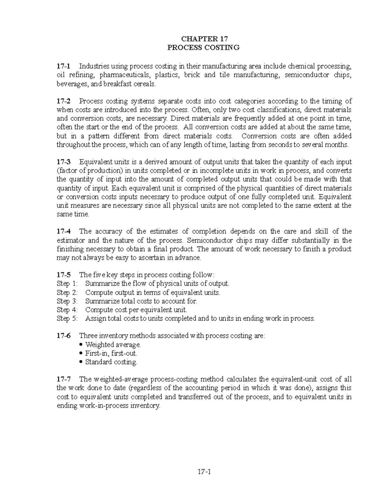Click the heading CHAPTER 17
[x=204, y=39]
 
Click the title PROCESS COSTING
[x=204, y=48]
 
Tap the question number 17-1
[x=63, y=66]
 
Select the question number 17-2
[x=63, y=101]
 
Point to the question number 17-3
[x=63, y=162]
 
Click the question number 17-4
[x=63, y=231]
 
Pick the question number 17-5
[x=63, y=275]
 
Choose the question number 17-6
[x=63, y=336]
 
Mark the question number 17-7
[x=63, y=379]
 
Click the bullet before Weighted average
[x=81, y=345]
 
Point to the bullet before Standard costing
[x=81, y=362]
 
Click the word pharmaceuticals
[x=125, y=75]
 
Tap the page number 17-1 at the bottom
[x=204, y=472]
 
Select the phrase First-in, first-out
[x=111, y=353]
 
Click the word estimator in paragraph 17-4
[x=71, y=240]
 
